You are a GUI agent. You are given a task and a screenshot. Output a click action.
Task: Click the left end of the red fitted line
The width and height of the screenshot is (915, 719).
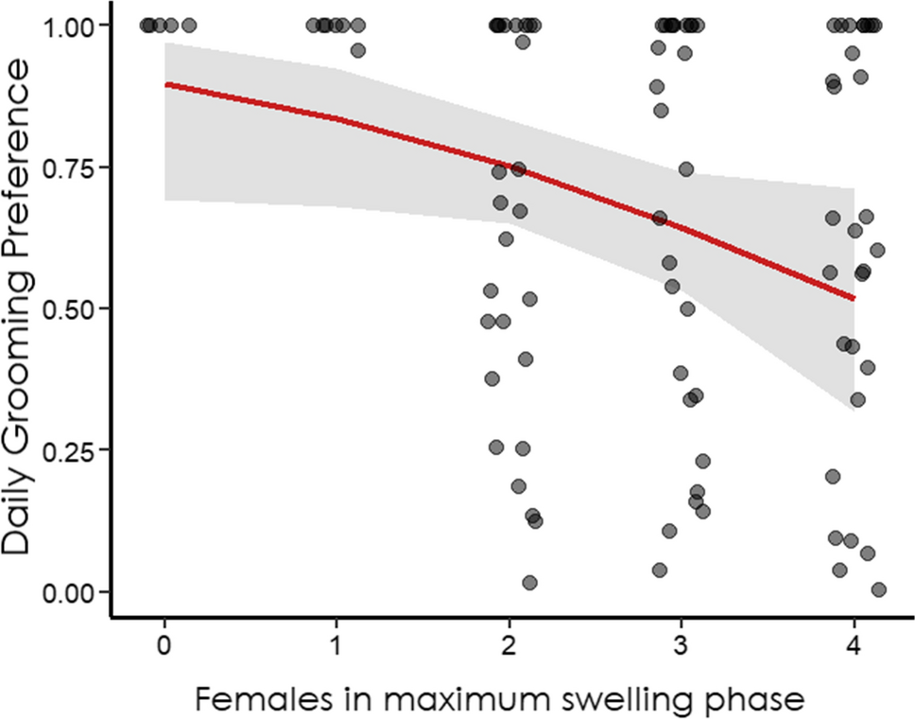point(165,84)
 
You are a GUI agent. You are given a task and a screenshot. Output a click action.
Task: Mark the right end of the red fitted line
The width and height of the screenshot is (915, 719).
point(854,299)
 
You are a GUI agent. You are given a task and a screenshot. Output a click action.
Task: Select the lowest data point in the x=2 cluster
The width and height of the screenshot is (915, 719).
point(529,583)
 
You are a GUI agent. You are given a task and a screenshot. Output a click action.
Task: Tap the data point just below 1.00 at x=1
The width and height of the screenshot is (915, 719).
point(357,50)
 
